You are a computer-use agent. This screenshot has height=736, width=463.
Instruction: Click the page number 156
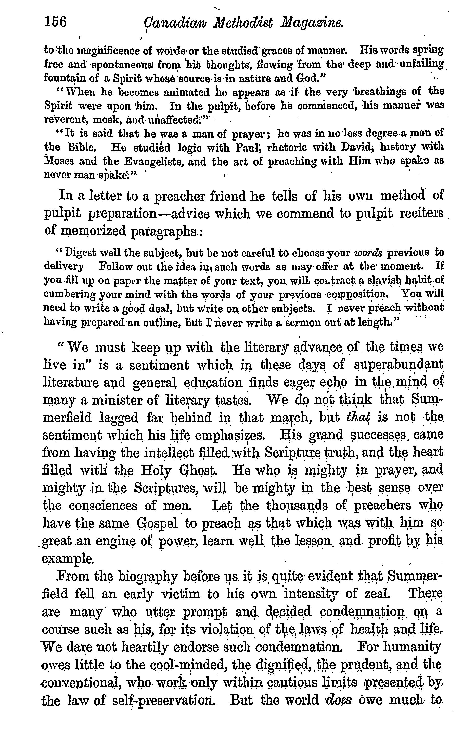coord(55,22)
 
